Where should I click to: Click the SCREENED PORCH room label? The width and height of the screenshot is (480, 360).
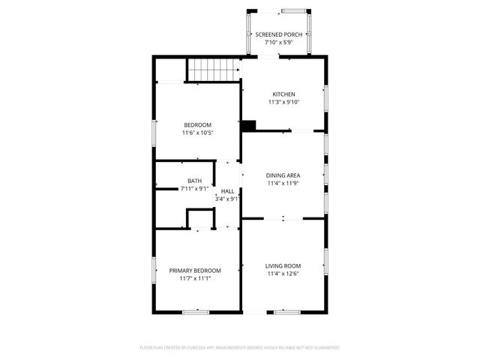coord(278,34)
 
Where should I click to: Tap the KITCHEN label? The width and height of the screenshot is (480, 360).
coord(283,94)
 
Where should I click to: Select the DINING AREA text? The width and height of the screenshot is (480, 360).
coord(283,175)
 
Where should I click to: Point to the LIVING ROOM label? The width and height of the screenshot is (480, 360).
coord(283,265)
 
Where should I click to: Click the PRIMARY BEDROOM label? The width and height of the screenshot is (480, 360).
coord(195,270)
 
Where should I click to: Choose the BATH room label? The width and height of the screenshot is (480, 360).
coord(195,181)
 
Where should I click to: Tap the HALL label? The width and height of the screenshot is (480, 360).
coord(227,191)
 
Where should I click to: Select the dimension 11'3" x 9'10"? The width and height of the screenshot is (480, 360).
coord(283,102)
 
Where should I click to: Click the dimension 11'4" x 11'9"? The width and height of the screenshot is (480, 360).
coord(283,183)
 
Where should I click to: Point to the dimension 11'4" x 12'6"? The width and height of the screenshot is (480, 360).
coord(283,274)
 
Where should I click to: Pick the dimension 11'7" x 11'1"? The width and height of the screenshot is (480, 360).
coord(195,278)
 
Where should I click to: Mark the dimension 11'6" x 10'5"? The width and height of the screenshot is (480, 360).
coord(198,133)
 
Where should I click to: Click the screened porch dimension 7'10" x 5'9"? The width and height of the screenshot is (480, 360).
coord(278,43)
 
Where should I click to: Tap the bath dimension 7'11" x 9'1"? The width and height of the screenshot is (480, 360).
coord(195,189)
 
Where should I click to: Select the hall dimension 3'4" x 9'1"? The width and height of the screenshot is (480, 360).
coord(227,199)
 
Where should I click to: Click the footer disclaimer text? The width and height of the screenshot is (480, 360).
coord(240,347)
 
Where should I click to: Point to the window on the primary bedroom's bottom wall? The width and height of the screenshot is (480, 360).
coord(196,311)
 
